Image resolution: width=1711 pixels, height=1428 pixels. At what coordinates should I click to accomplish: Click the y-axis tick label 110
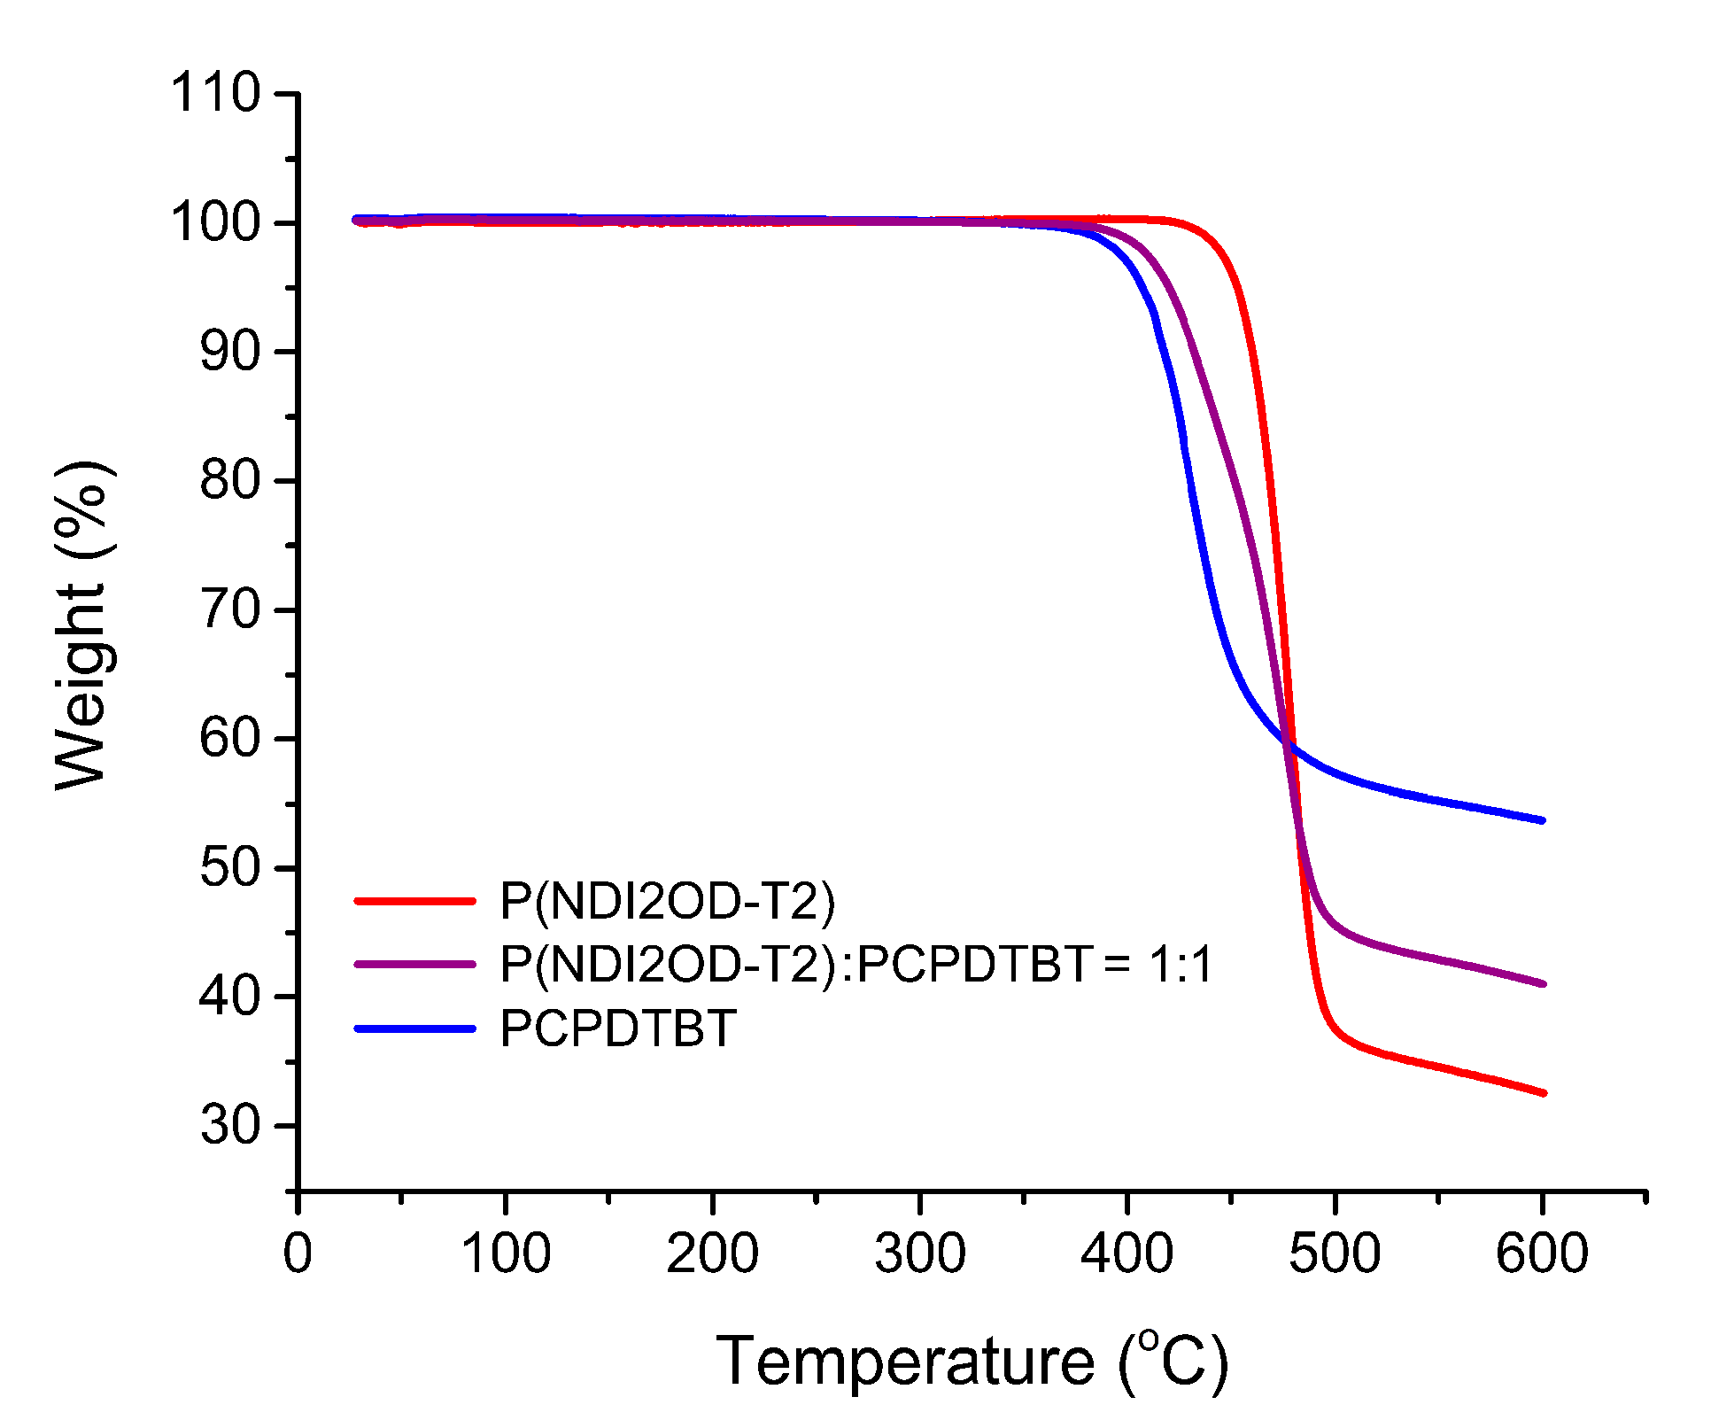[215, 93]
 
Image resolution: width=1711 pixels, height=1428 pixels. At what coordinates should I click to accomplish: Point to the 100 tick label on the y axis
[215, 222]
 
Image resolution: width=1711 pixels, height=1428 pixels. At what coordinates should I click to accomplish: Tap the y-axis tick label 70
[229, 610]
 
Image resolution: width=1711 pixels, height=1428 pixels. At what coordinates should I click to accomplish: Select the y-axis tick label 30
[229, 1126]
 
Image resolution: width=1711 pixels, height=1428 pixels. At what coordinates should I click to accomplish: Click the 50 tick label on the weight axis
[229, 867]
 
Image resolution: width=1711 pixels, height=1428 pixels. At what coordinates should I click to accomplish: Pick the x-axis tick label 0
[298, 1253]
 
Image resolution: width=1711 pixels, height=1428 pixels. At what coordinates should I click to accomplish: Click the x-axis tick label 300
[919, 1253]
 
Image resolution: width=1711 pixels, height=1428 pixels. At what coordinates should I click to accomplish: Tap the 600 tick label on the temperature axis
[1542, 1253]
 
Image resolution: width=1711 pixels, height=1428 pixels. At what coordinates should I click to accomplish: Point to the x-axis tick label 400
[1126, 1253]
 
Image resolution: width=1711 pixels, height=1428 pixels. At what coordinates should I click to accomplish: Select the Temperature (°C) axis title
[972, 1362]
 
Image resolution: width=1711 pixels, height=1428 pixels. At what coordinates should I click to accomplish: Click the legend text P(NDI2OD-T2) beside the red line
[668, 901]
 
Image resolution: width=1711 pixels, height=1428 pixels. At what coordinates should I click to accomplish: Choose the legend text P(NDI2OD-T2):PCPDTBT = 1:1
[855, 964]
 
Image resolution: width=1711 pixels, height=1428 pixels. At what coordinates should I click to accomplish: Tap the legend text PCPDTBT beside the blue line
[618, 1028]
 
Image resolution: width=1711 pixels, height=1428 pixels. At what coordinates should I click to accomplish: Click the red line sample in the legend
[414, 901]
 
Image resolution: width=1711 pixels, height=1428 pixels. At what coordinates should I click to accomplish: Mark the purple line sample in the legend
[414, 964]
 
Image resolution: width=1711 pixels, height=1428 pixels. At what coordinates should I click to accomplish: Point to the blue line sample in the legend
[414, 1028]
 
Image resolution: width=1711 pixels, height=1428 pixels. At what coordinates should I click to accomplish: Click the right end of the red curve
[1543, 1094]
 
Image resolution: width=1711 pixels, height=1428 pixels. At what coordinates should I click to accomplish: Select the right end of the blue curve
[1543, 821]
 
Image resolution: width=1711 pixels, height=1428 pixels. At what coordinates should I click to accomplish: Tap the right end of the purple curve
[1543, 984]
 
